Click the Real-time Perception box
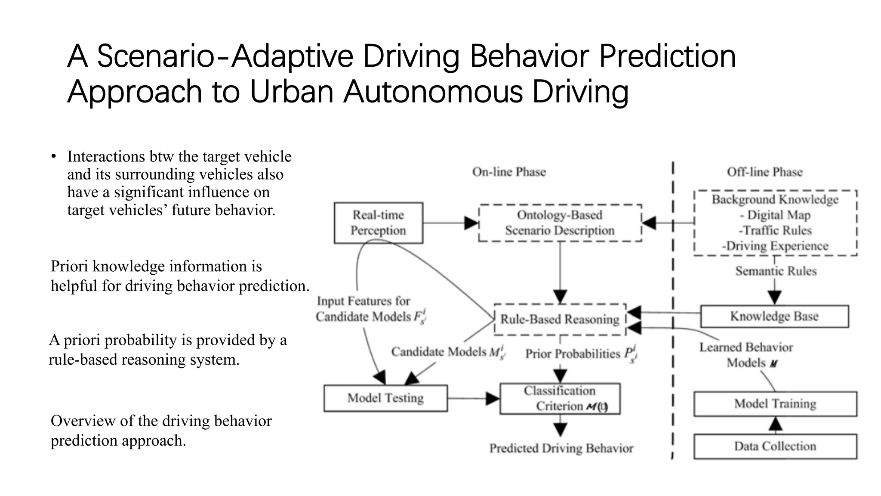378,223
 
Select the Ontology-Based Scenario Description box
560,223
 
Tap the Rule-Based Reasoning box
560,319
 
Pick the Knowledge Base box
774,316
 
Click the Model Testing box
385,398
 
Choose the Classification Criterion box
560,398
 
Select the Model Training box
775,403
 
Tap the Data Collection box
775,446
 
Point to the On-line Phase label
509,172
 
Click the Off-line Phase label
764,172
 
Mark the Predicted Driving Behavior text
561,448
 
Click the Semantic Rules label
776,271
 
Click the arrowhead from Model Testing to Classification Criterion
493,398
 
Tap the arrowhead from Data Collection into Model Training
775,425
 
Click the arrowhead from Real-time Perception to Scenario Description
472,223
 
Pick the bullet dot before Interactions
53,156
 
